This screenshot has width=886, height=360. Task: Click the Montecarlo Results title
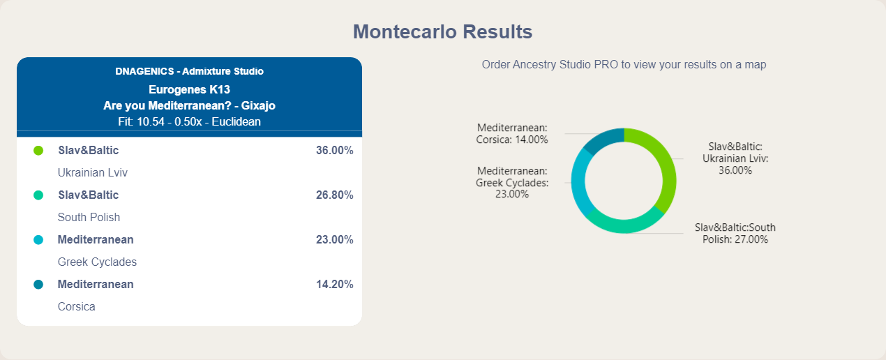point(442,31)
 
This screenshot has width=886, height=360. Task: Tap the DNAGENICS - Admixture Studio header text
point(190,71)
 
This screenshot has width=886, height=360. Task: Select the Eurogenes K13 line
point(190,90)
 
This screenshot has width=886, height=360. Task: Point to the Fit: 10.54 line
point(190,121)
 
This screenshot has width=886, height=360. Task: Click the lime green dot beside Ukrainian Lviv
point(38,150)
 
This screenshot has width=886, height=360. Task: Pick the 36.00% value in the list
point(334,150)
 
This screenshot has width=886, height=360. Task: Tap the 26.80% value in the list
point(334,195)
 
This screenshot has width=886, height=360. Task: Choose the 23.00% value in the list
point(334,240)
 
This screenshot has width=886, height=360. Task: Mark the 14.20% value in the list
point(334,285)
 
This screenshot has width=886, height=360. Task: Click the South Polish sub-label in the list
point(89,217)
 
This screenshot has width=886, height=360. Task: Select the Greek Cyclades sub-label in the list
point(97,262)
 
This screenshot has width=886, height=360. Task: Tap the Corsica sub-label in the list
point(76,306)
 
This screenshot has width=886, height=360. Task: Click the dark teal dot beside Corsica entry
point(38,285)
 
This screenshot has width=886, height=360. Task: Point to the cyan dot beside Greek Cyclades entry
point(38,240)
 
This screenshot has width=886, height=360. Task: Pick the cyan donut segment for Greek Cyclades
point(578,182)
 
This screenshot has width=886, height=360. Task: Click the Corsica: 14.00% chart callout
point(512,134)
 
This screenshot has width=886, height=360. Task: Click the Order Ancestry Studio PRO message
point(624,64)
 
